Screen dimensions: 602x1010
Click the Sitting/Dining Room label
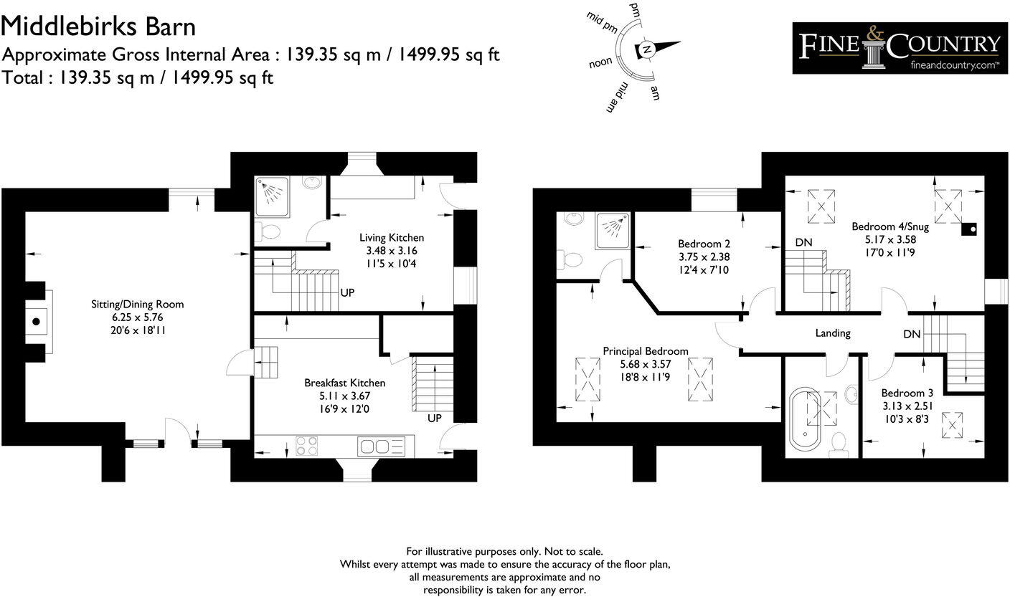[x=137, y=304]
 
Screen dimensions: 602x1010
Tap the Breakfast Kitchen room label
[x=344, y=383]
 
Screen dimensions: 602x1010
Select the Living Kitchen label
[x=391, y=237]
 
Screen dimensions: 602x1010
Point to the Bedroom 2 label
[x=704, y=243]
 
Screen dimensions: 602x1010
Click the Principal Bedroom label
[x=645, y=351]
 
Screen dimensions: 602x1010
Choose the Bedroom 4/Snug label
[x=889, y=226]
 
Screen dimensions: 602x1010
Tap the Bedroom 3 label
[x=907, y=393]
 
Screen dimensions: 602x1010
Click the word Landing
[x=832, y=333]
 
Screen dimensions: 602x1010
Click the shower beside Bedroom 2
[x=613, y=230]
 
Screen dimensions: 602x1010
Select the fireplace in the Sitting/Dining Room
[x=36, y=320]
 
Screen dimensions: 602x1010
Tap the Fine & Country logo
[x=899, y=48]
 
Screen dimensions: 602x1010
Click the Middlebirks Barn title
[x=98, y=27]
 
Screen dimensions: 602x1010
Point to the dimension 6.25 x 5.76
[x=137, y=316]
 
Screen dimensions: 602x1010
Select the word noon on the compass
[x=600, y=62]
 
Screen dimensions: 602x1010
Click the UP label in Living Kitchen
[x=347, y=292]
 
